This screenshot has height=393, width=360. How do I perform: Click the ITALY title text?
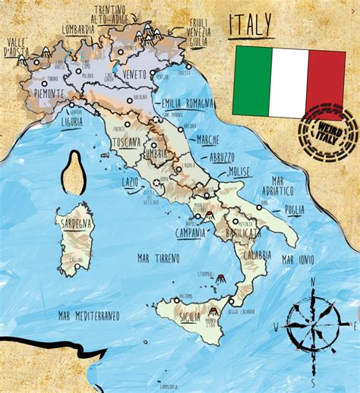250,27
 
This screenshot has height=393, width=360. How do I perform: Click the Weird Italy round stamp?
328,133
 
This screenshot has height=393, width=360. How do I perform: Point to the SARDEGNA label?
74,224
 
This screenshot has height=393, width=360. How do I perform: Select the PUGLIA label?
289,209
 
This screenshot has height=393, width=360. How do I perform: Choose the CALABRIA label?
256,255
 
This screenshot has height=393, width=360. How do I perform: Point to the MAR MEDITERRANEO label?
89,313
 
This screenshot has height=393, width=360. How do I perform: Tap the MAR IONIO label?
298,259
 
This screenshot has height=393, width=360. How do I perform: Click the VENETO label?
134,75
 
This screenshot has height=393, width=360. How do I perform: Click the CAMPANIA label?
191,232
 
